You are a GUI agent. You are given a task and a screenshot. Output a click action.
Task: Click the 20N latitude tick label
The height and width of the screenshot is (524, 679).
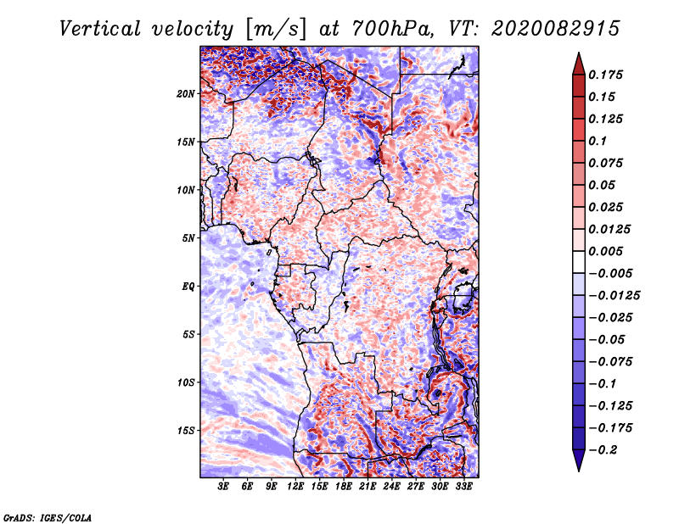point(186,93)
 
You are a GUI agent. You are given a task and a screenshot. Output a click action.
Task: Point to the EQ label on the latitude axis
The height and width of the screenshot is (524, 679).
point(188,287)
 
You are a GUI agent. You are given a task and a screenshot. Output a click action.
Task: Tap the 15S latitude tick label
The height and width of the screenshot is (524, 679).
point(186,431)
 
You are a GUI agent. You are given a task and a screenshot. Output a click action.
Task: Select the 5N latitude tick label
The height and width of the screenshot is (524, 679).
point(188,238)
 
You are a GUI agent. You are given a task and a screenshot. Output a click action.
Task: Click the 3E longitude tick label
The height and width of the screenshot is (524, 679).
point(224,487)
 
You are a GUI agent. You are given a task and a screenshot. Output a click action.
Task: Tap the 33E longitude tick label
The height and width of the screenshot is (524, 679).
point(464,487)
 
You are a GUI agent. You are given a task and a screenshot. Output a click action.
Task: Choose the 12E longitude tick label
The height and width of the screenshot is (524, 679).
point(296,487)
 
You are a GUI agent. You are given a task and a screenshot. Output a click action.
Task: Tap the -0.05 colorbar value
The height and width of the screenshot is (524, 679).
point(608,339)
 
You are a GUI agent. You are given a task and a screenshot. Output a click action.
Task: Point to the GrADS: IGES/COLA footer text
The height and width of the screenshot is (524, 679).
point(48,516)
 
